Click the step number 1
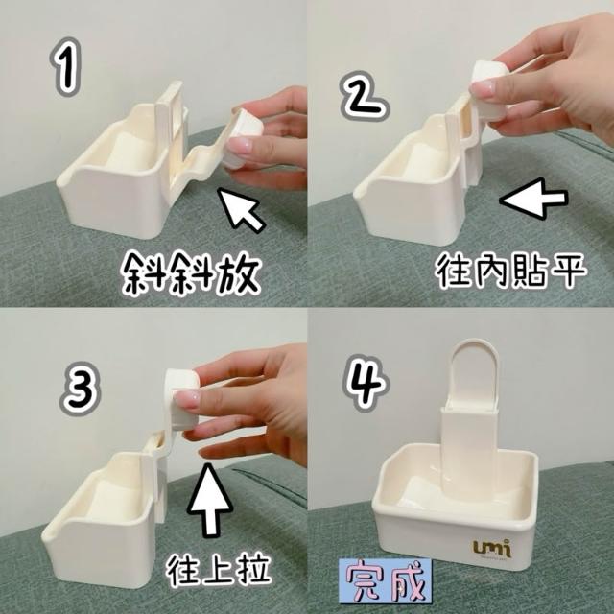65,67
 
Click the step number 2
365,95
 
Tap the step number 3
81,389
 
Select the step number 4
366,383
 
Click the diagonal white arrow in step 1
241,209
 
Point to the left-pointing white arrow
534,199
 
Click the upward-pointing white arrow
210,500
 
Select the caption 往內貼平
510,271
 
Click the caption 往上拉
219,570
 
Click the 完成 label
386,581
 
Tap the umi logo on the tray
492,548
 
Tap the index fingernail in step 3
186,399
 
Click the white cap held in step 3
181,399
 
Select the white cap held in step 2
489,90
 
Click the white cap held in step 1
243,139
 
